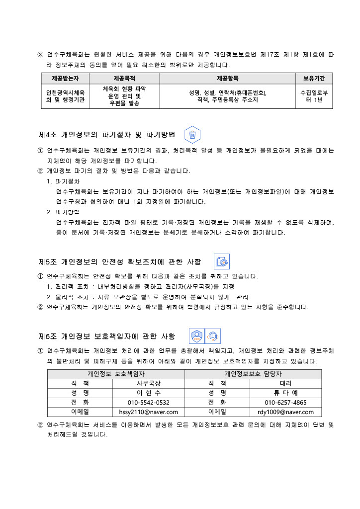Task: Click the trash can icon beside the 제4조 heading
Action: click(192, 135)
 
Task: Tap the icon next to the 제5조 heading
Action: click(221, 261)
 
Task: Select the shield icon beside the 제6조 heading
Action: click(197, 337)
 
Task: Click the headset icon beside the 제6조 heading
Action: click(213, 337)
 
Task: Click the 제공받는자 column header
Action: click(65, 78)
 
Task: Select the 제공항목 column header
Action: click(228, 78)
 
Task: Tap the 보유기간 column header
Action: click(314, 78)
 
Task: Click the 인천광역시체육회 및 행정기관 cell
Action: click(65, 96)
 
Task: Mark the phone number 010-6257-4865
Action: click(285, 402)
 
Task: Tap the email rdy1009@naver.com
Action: click(285, 412)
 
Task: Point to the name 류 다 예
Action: click(285, 393)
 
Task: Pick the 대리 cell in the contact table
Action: click(285, 383)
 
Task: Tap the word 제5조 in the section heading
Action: click(48, 261)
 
